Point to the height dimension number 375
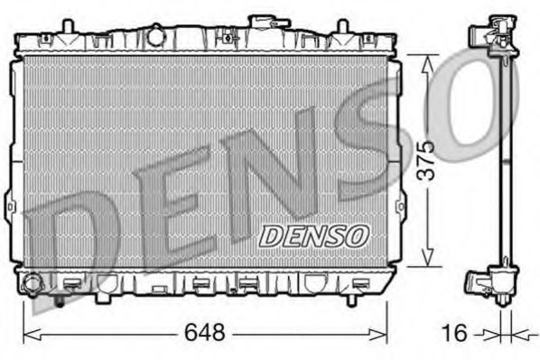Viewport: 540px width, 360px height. (427, 160)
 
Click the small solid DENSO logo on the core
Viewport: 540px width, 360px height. (316, 235)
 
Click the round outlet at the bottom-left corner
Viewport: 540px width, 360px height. (33, 284)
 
